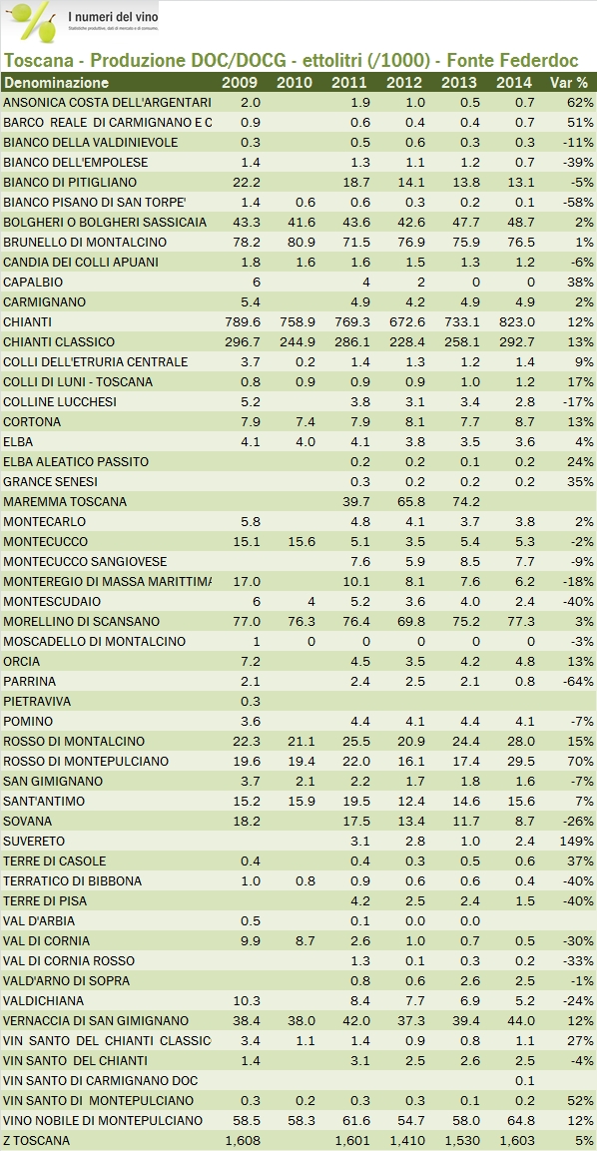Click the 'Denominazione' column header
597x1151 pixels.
(x=56, y=82)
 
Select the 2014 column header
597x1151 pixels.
(x=513, y=82)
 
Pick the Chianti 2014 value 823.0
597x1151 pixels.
(x=513, y=321)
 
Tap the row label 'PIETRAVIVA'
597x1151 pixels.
(x=37, y=701)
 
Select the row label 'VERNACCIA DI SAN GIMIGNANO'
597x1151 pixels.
(x=96, y=1020)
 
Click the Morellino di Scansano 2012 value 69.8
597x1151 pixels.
(x=404, y=621)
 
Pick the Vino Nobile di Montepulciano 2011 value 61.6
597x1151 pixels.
(x=349, y=1120)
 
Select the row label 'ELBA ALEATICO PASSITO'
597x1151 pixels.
(x=76, y=461)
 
